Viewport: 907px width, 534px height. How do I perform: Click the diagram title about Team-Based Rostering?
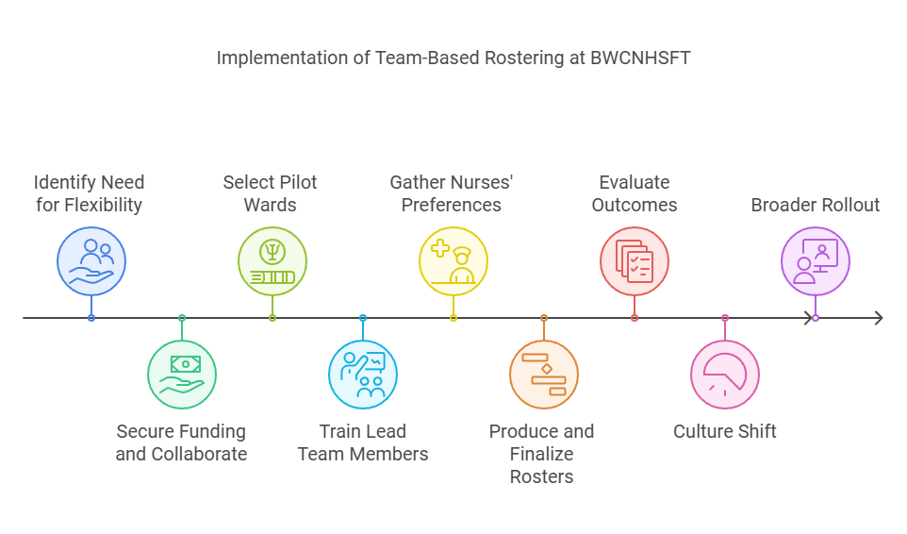(453, 58)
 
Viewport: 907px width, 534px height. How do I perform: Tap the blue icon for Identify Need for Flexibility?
(91, 261)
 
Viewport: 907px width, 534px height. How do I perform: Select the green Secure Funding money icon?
(182, 375)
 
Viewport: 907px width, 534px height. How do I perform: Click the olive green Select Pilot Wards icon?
(272, 261)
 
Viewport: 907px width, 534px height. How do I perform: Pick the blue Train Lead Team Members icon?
(363, 375)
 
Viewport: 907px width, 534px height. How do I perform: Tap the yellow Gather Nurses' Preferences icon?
(453, 261)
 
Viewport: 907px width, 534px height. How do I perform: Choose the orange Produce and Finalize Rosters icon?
(544, 375)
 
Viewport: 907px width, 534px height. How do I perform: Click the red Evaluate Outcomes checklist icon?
(635, 261)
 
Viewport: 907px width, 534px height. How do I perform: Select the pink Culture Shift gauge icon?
(725, 375)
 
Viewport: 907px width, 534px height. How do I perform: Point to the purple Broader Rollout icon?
(816, 261)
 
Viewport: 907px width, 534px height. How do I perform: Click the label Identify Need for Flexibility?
(90, 193)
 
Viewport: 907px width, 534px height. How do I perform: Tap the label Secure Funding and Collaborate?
(182, 442)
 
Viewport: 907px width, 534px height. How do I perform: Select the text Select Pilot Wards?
(271, 193)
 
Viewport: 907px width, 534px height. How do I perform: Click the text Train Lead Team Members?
(363, 442)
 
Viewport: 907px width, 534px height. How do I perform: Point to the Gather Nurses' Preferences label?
(452, 193)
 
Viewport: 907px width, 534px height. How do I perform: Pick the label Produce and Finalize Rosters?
(542, 454)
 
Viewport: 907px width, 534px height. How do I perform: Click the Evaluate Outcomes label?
(635, 193)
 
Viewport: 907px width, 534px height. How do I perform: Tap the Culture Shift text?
(725, 431)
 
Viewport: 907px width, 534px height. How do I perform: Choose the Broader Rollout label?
(816, 205)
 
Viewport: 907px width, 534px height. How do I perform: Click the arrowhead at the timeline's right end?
(878, 318)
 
